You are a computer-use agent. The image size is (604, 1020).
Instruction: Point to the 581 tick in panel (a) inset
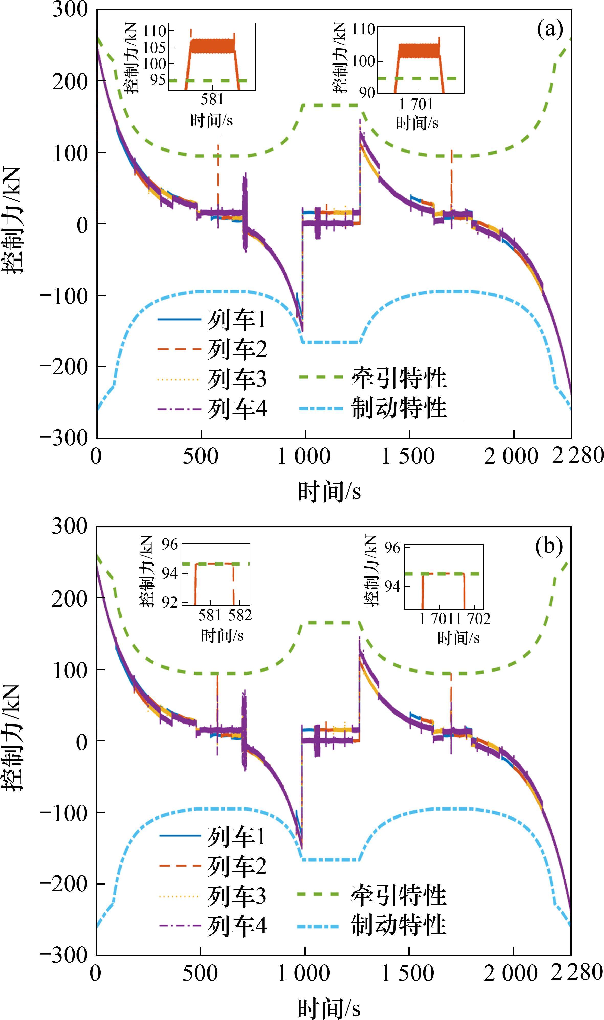212,99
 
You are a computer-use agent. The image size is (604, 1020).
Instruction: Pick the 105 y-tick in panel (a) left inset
155,47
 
